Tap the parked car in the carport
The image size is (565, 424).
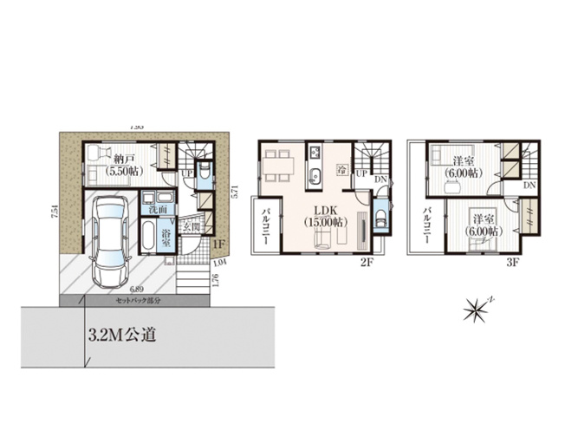[x=108, y=240]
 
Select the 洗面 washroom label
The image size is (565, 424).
[x=158, y=211]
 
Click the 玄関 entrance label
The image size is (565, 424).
[x=192, y=227]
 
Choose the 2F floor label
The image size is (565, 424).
[x=367, y=260]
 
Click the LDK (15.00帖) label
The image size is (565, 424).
[x=327, y=216]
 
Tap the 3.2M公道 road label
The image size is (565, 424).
[x=120, y=334]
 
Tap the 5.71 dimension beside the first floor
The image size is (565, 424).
[x=234, y=192]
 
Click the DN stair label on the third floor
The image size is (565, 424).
[x=529, y=186]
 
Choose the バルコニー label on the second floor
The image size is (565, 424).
[x=267, y=227]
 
